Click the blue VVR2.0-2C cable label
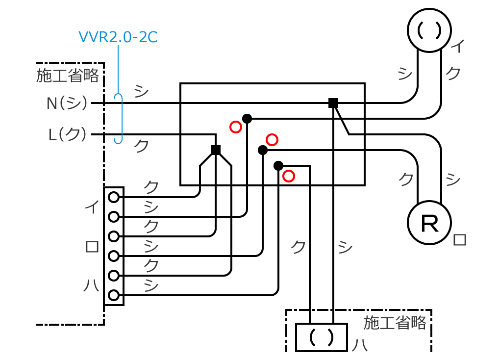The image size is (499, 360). click(x=118, y=37)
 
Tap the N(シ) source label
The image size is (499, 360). click(x=67, y=103)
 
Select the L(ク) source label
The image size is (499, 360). click(x=68, y=134)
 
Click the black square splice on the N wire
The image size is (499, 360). click(x=333, y=103)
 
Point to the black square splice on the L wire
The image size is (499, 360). click(x=215, y=150)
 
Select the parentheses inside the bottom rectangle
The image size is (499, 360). click(x=321, y=337)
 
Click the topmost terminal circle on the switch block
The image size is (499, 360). click(x=114, y=197)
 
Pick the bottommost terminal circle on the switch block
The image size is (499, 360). click(x=114, y=295)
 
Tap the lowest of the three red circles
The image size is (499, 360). click(x=289, y=176)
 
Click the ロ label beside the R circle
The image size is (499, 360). click(x=460, y=240)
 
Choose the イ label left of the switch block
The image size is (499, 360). click(x=91, y=206)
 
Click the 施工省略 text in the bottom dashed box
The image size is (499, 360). click(x=395, y=323)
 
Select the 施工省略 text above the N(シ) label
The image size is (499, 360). click(x=68, y=76)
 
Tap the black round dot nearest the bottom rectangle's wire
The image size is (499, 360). click(x=278, y=165)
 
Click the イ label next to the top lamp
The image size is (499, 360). click(x=457, y=47)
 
